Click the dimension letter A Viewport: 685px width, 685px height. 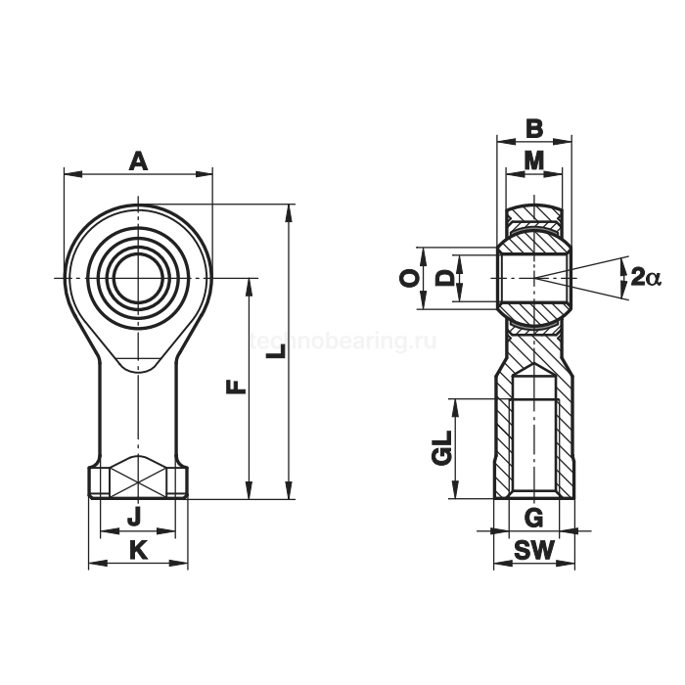(x=139, y=160)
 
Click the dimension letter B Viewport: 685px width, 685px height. (x=533, y=128)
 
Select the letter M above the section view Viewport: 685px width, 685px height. (x=533, y=160)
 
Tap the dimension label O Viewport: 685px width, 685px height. (x=412, y=279)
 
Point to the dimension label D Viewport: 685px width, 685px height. (x=445, y=279)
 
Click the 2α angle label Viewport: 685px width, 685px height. (x=646, y=278)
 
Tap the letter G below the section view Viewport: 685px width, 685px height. (x=533, y=517)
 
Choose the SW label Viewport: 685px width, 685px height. (x=533, y=551)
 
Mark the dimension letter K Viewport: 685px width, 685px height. (x=138, y=551)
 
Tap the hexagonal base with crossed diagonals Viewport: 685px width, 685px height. (x=138, y=480)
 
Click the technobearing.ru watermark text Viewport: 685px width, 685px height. (x=342, y=342)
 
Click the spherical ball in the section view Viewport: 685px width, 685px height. (x=533, y=279)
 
